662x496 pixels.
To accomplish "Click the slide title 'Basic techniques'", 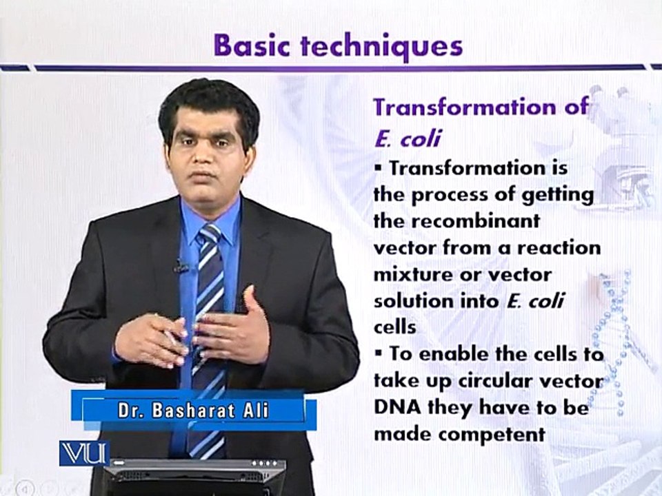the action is [338, 45].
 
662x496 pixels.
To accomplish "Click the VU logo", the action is [84, 453].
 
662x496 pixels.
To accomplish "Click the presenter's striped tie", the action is [208, 338].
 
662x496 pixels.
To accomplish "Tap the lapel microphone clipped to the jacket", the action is [181, 266].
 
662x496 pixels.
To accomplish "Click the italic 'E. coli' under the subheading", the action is [408, 138].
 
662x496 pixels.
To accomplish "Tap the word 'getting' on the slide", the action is [557, 195].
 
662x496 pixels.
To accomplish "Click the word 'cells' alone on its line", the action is [394, 327].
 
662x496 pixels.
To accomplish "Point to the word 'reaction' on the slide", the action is [559, 248].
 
